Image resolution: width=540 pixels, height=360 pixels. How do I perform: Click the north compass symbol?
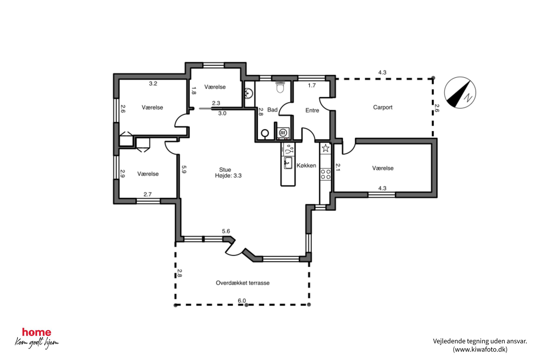click(460, 93)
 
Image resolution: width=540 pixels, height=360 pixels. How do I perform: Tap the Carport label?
click(383, 107)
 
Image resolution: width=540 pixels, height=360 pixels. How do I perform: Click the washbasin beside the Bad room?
click(249, 93)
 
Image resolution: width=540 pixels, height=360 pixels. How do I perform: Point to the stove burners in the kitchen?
click(326, 174)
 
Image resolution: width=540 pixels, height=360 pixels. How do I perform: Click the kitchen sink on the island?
click(288, 163)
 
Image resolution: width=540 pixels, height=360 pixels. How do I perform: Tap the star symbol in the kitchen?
click(326, 148)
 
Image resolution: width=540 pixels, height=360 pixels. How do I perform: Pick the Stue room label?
click(225, 170)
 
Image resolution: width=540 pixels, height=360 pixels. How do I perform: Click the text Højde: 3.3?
click(228, 176)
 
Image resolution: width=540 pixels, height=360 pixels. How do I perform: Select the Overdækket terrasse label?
click(243, 283)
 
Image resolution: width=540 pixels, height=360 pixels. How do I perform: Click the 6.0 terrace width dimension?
click(242, 301)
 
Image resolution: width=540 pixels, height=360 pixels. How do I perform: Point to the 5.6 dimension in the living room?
click(226, 231)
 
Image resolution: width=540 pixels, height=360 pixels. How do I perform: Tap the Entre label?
click(312, 110)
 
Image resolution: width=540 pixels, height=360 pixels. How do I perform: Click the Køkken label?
click(306, 166)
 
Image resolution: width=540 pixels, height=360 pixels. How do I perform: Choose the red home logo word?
click(36, 332)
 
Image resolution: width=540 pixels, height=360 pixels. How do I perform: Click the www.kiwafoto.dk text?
click(480, 349)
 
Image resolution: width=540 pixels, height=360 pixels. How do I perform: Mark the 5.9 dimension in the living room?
click(184, 170)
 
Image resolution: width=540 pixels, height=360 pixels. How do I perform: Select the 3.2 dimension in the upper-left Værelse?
click(153, 84)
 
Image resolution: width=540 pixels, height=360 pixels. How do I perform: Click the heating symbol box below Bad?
click(283, 133)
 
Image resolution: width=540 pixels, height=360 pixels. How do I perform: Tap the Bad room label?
click(272, 110)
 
